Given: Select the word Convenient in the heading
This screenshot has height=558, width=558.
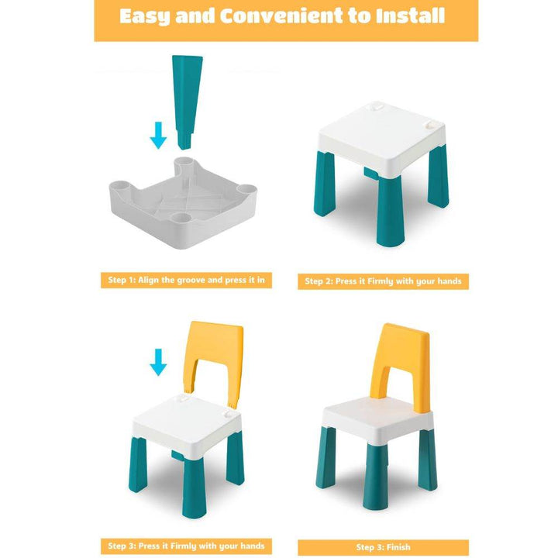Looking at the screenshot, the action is click(x=281, y=16).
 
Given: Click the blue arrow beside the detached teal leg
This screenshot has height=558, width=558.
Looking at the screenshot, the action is click(x=158, y=135).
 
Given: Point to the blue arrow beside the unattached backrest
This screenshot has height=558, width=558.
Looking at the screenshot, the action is click(x=158, y=362).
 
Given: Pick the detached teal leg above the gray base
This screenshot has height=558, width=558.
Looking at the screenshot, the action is click(x=187, y=102).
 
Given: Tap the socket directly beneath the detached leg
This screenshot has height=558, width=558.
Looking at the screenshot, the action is click(x=184, y=163).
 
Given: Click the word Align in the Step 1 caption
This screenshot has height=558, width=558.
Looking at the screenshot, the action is click(x=148, y=280).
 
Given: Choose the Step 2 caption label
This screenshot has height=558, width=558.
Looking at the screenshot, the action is click(x=384, y=281).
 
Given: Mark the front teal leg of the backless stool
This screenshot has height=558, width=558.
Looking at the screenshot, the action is click(x=391, y=211).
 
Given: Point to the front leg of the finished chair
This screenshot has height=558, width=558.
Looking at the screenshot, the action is click(x=375, y=477).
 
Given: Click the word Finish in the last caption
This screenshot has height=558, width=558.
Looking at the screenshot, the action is click(x=397, y=547).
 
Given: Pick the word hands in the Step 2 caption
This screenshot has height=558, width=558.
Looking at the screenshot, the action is click(x=449, y=281).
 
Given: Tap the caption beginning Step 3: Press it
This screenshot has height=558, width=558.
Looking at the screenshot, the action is click(x=186, y=546).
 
